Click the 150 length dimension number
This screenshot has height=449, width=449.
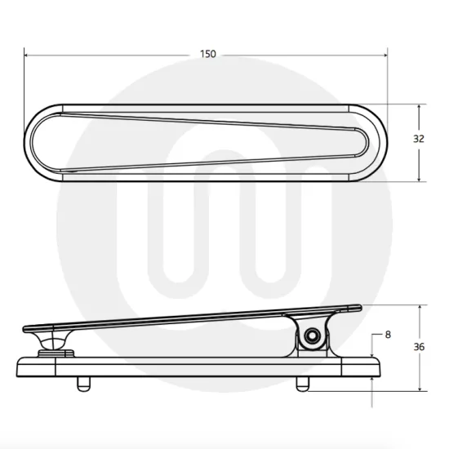pyautogui.click(x=208, y=54)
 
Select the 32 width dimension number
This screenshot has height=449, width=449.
pyautogui.click(x=419, y=139)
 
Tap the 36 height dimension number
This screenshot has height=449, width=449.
pyautogui.click(x=420, y=347)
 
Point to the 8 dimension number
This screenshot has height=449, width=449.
pyautogui.click(x=387, y=335)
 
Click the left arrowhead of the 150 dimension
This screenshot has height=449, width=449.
pyautogui.click(x=27, y=55)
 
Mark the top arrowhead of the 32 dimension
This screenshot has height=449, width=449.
pyautogui.click(x=419, y=107)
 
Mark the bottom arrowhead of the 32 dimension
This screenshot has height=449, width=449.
pyautogui.click(x=419, y=178)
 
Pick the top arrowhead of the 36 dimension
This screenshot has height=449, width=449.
pyautogui.click(x=420, y=309)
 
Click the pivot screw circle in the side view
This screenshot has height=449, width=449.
pyautogui.click(x=312, y=337)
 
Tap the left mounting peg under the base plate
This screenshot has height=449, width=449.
pyautogui.click(x=82, y=381)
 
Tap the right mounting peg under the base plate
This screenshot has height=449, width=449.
pyautogui.click(x=303, y=381)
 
